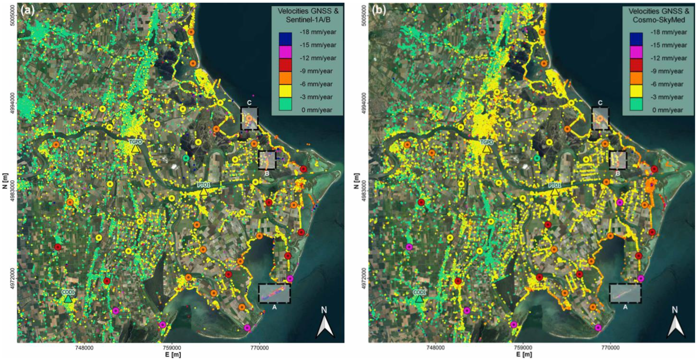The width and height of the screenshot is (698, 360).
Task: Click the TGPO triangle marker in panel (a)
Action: (x=135, y=149)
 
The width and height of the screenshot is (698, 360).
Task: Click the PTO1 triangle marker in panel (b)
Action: (x=555, y=191)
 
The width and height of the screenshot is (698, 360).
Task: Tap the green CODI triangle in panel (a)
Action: (x=68, y=299)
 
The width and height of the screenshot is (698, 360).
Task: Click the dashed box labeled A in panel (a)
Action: (x=274, y=293)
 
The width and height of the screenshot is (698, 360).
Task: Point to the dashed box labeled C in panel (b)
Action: (x=600, y=118)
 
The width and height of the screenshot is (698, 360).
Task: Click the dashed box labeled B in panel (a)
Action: (x=267, y=160)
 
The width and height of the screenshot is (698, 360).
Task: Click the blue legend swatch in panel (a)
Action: (x=285, y=38)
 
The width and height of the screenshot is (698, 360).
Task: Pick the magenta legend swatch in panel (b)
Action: (x=636, y=52)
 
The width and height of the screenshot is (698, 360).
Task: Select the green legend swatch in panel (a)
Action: (x=285, y=104)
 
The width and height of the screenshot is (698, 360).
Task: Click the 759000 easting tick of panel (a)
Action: (x=172, y=348)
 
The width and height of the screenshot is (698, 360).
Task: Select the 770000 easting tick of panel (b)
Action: (x=610, y=348)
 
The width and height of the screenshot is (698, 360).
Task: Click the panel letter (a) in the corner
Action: (x=27, y=10)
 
